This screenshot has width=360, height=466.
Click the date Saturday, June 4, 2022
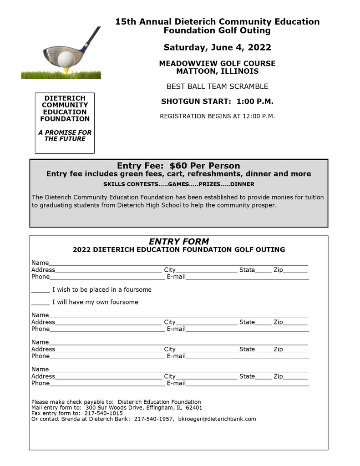click(217, 47)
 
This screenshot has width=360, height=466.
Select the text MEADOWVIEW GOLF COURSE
click(217, 64)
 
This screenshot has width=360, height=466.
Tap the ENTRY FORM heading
click(179, 242)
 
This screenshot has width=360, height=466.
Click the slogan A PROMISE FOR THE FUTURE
click(65, 136)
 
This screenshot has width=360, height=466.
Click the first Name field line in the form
click(177, 263)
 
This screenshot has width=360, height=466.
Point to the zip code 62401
click(193, 408)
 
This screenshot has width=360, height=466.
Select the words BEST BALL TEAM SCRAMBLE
click(217, 86)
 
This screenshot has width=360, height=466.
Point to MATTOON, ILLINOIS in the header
click(217, 71)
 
